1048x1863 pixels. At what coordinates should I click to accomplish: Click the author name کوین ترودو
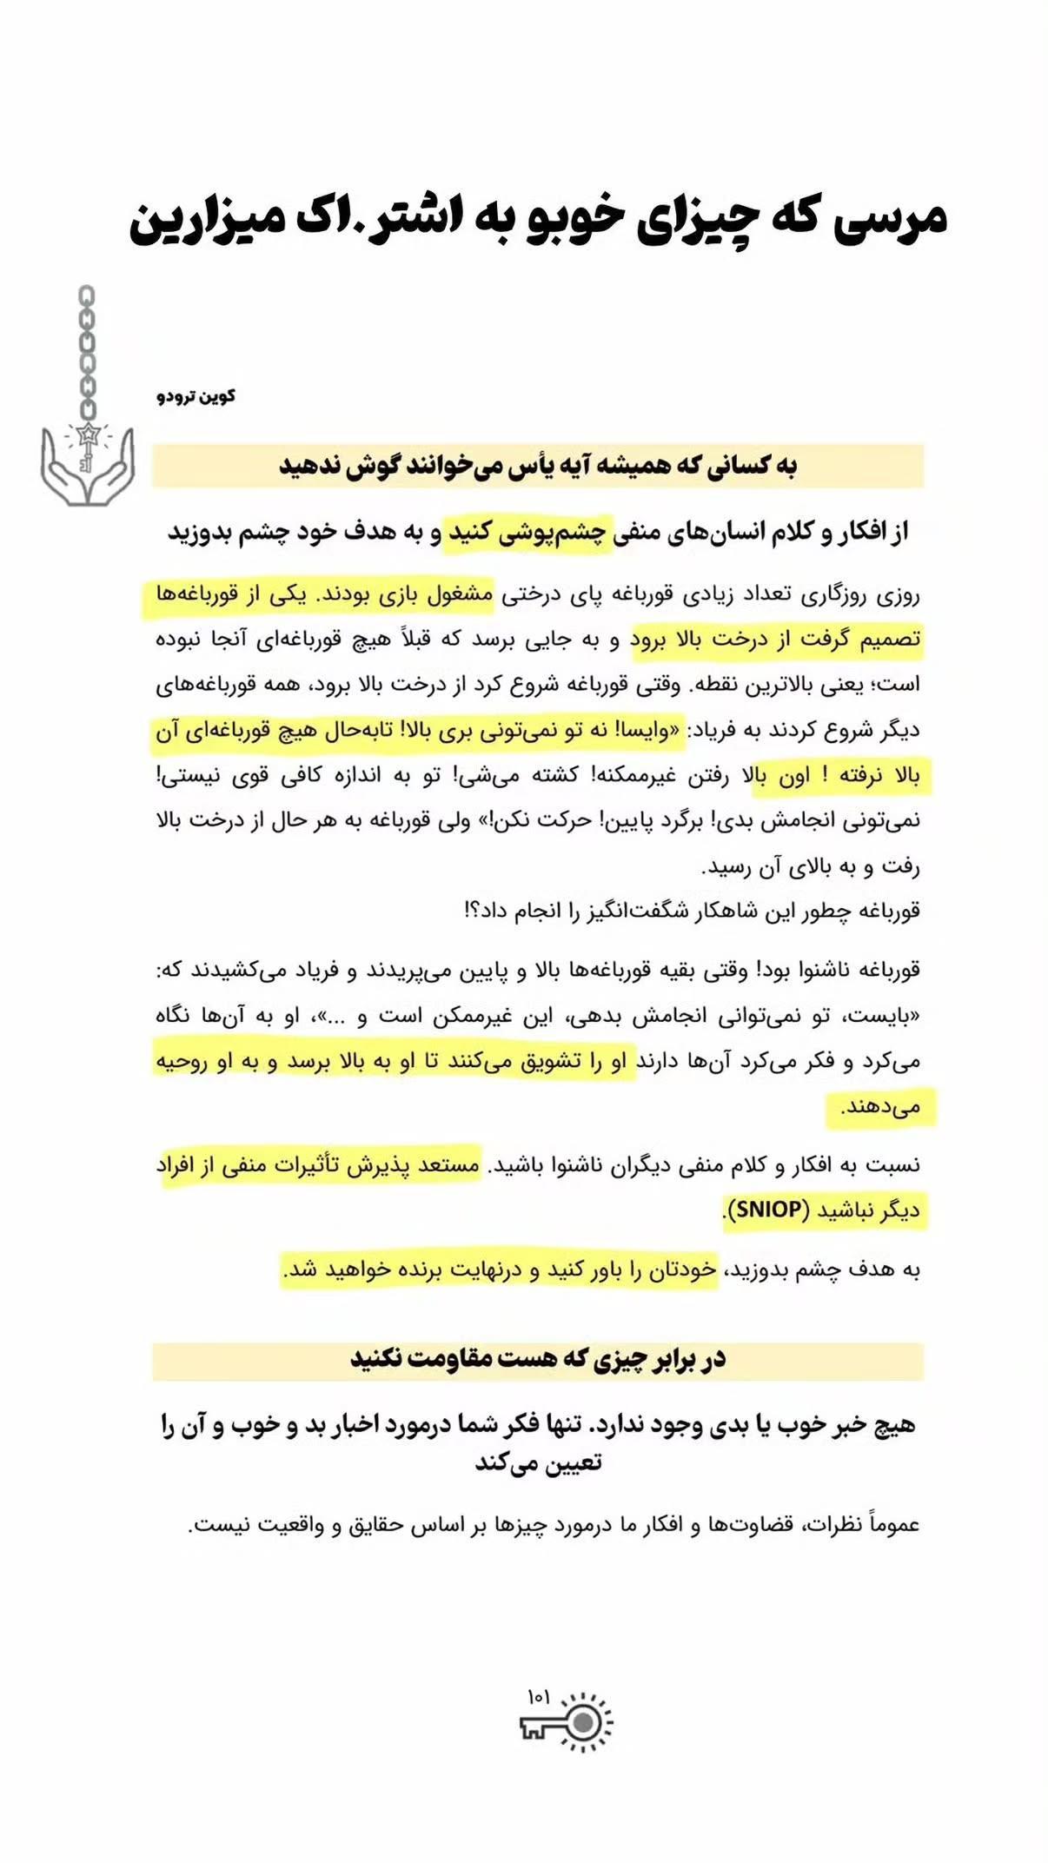(x=196, y=396)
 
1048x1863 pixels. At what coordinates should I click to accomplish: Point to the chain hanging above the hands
(x=87, y=352)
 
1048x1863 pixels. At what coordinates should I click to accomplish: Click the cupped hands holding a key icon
(x=88, y=465)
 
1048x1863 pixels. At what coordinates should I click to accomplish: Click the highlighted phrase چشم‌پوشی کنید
(x=527, y=531)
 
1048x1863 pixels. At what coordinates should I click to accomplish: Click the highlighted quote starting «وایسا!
(x=539, y=730)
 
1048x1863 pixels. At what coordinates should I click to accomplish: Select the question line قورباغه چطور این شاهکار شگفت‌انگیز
(x=693, y=911)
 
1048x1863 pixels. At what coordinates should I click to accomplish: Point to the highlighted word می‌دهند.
(x=880, y=1107)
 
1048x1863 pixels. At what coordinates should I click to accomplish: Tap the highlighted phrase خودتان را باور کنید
(x=632, y=1270)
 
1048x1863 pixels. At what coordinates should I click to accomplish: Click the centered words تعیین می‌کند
(x=538, y=1462)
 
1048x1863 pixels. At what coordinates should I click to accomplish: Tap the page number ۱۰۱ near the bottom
(x=538, y=1696)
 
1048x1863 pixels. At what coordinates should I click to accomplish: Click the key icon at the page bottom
(x=567, y=1722)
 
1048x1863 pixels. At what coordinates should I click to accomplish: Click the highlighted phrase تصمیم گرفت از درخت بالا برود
(x=775, y=640)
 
